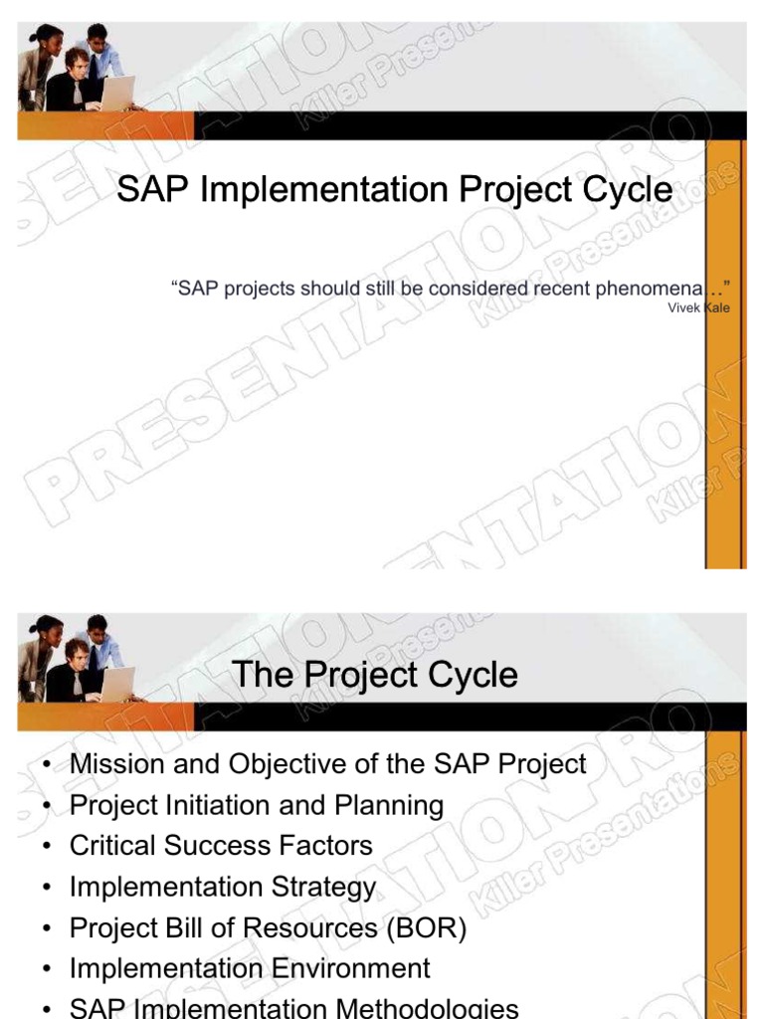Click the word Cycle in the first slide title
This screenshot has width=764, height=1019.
tap(624, 189)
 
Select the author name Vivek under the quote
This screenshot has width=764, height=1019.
tap(685, 308)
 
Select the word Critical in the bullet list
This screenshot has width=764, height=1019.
tap(111, 846)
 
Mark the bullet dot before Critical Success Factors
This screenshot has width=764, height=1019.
tap(47, 847)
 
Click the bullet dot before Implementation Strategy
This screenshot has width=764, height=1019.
tap(47, 888)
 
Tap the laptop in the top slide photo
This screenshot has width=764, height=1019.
tap(117, 93)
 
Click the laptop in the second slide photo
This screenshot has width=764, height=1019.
tap(117, 684)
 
